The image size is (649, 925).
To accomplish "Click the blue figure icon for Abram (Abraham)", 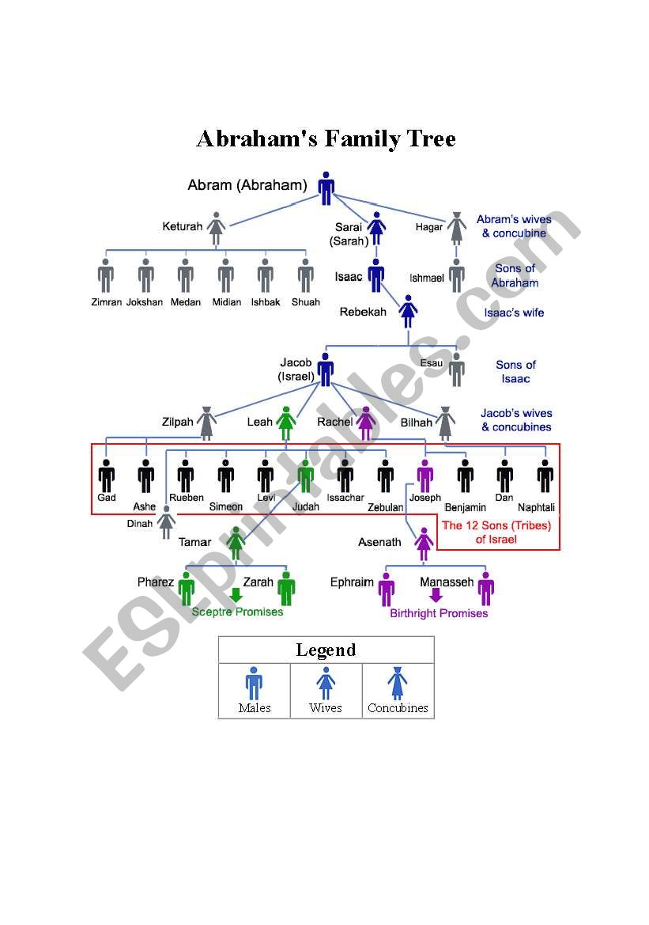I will (326, 188).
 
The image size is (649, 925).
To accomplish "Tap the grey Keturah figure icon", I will (217, 228).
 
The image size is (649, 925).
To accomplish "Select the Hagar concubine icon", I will (457, 228).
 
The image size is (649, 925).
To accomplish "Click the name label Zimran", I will (105, 302).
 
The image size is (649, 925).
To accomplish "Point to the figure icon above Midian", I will (226, 275).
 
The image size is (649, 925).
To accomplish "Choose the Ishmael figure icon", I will (457, 275).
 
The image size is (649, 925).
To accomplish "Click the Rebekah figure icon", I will (408, 311).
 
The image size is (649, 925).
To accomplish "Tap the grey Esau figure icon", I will (457, 369).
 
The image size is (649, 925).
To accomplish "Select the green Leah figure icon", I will (286, 423).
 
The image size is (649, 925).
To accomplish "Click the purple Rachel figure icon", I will (365, 423).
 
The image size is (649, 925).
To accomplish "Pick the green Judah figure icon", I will (306, 476).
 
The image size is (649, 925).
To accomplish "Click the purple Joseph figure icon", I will (425, 476).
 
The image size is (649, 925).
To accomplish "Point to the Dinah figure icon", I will (166, 522).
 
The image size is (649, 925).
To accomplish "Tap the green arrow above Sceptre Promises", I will (235, 596).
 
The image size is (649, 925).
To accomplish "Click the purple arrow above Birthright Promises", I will (436, 596).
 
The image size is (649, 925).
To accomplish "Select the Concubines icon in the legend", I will (398, 683).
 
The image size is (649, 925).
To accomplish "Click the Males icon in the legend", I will (254, 683).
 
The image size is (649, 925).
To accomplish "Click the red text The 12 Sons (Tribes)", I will (496, 525).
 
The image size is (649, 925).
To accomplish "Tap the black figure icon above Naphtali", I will (545, 476).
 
